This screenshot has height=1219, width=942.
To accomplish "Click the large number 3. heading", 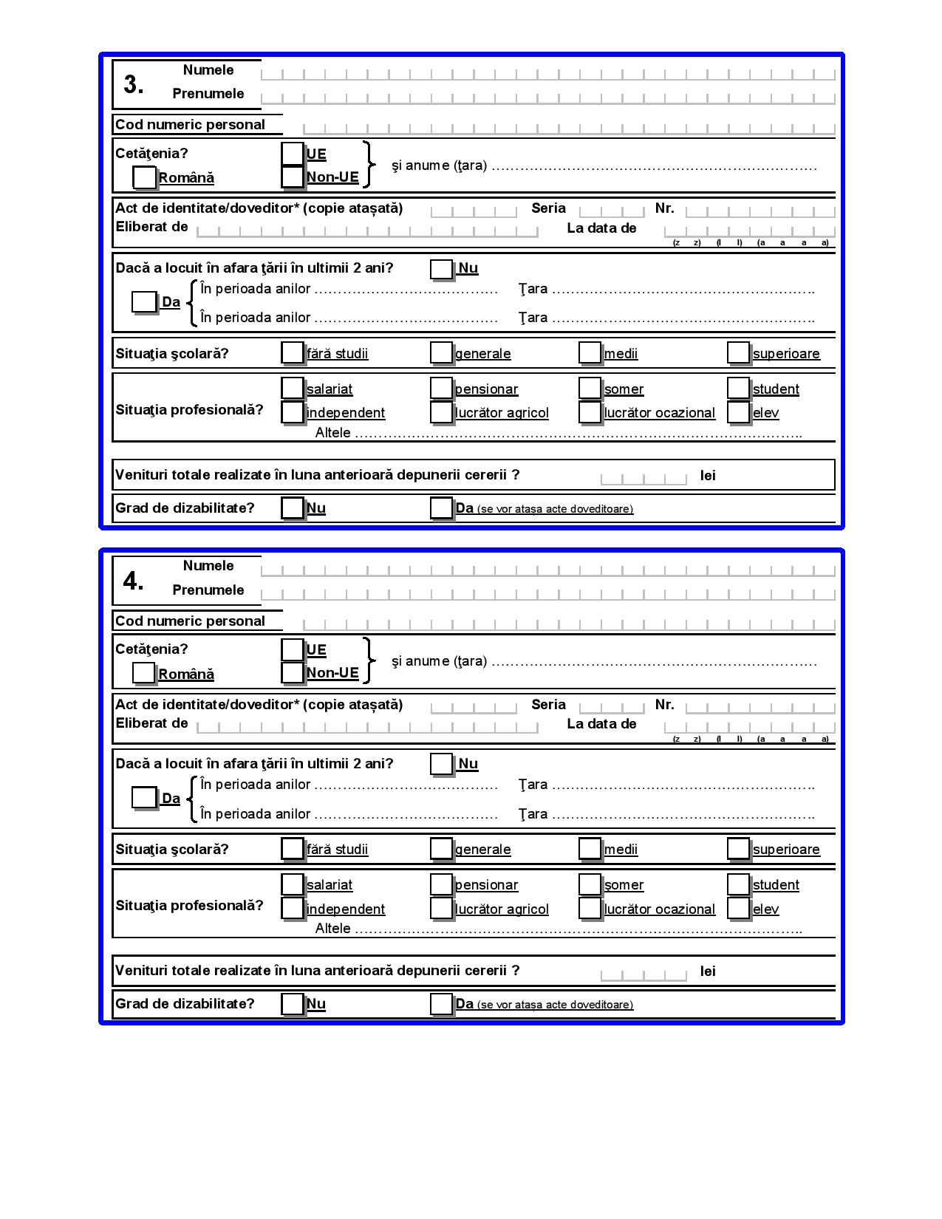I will click(x=133, y=85).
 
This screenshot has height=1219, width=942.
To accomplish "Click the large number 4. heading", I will click(x=133, y=581).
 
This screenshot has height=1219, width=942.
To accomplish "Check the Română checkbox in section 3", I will click(x=144, y=177).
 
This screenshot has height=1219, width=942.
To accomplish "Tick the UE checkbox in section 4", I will click(x=293, y=649).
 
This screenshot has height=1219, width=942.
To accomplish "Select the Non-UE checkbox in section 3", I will click(x=293, y=177).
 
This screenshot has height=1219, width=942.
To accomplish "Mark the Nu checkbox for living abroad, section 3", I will click(x=441, y=269).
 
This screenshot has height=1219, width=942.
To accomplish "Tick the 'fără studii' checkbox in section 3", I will click(x=293, y=353).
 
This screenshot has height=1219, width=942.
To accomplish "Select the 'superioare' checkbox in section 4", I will click(x=738, y=849).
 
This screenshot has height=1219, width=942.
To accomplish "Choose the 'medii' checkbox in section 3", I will click(x=590, y=353).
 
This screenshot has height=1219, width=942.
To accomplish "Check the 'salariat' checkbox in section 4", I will click(x=293, y=884).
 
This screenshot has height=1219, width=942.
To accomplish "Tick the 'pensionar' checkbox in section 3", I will click(x=441, y=389).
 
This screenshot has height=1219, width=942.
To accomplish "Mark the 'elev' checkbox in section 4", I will click(x=738, y=908).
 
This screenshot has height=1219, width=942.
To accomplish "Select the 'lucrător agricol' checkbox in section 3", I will click(x=441, y=412).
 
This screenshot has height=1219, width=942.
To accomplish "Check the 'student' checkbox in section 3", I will click(x=738, y=389).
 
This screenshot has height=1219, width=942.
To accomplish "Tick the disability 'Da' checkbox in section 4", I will click(x=441, y=1003).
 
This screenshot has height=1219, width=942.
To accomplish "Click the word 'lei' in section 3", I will click(x=708, y=476).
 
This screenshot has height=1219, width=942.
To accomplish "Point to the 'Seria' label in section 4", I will click(x=548, y=705).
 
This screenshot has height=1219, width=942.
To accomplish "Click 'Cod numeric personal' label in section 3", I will click(x=190, y=125).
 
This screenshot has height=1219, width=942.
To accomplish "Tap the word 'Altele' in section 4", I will click(x=332, y=929).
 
